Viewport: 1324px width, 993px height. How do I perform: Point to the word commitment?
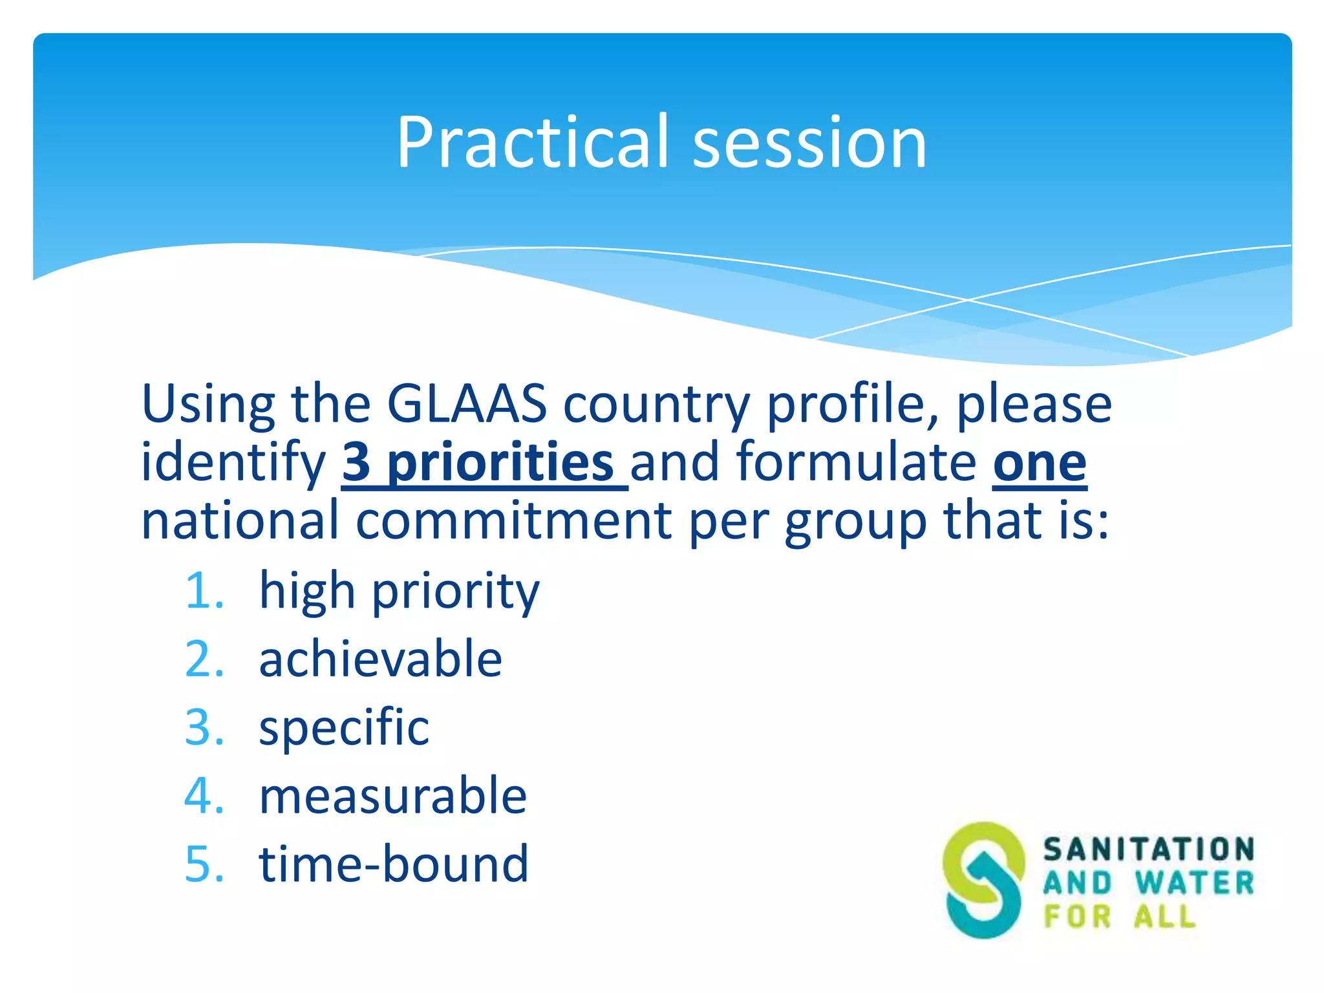coord(514,520)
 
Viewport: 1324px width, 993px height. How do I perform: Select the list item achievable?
coord(380,659)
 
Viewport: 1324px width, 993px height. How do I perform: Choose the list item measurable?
coord(392,796)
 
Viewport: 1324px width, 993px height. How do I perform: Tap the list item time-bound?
coord(393,864)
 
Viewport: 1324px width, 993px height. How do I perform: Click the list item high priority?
coord(399,592)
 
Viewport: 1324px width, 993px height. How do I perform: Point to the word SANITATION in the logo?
coord(1148,849)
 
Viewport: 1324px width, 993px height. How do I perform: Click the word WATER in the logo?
coord(1193,883)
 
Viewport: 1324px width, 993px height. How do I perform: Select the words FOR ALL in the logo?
coord(1120,917)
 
